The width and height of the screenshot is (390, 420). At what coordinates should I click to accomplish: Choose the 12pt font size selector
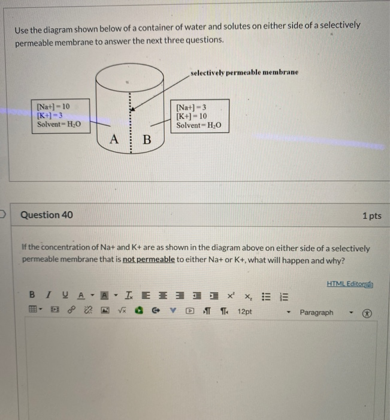[245, 312]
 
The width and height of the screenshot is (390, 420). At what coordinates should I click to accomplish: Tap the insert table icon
[33, 312]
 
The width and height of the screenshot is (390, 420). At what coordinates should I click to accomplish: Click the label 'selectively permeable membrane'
[244, 72]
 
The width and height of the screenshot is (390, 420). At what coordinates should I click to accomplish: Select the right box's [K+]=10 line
[192, 116]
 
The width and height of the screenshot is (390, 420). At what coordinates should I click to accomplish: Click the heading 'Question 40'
[47, 215]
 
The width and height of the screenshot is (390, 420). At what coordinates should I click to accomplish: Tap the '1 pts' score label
[371, 215]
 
